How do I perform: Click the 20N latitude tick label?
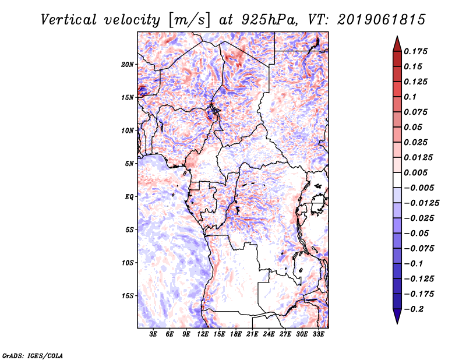pyautogui.click(x=128, y=64)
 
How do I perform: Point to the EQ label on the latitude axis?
pyautogui.click(x=129, y=197)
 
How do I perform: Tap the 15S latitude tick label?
pyautogui.click(x=128, y=296)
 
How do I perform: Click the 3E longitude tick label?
pyautogui.click(x=154, y=334)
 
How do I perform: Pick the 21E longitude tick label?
pyautogui.click(x=252, y=334)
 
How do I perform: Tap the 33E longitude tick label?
pyautogui.click(x=318, y=334)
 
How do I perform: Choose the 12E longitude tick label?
pyautogui.click(x=203, y=334)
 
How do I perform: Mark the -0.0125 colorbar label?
pyautogui.click(x=422, y=203)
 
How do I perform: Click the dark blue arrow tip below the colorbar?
pyautogui.click(x=396, y=320)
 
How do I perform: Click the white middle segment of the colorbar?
pyautogui.click(x=396, y=180)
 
